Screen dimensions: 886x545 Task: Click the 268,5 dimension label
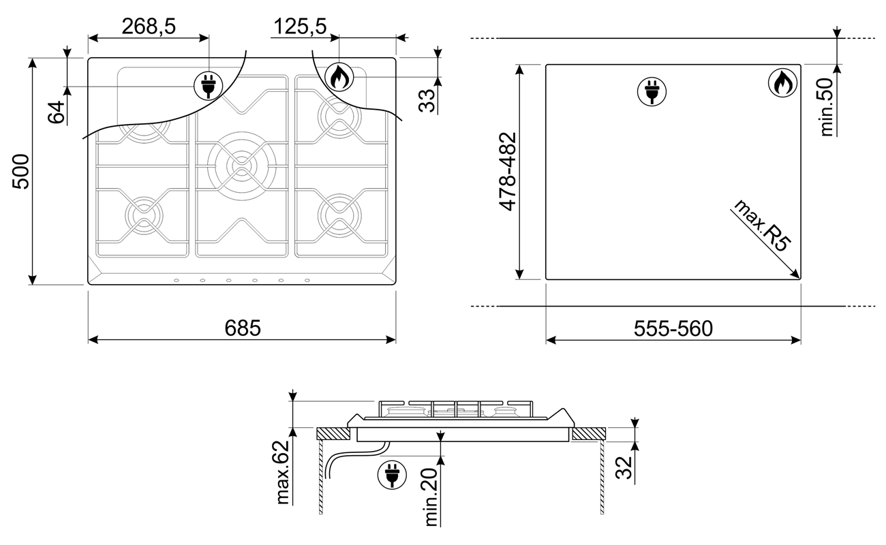point(149,27)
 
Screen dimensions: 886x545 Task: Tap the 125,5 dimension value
point(300,27)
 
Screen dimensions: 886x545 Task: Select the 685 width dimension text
point(243,328)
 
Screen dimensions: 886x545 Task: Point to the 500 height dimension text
point(21,172)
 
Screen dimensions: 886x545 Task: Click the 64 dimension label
point(56,112)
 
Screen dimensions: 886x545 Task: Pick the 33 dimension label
point(427,101)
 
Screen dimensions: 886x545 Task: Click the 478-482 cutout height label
point(508,172)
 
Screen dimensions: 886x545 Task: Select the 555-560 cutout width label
point(673,328)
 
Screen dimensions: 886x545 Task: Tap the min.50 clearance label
point(826,107)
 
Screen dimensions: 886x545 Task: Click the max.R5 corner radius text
point(761,225)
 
